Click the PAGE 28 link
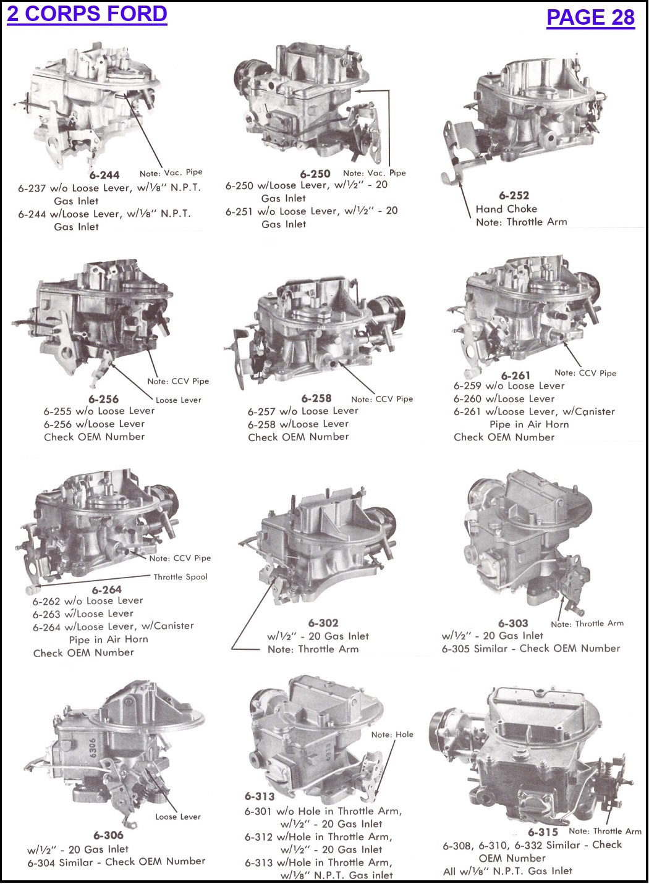coord(590,17)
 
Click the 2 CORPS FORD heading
coord(87,14)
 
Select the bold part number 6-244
coord(104,175)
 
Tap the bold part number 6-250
coord(315,174)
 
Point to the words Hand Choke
coord(506,209)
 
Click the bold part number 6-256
coord(103,399)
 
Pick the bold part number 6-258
coord(316,398)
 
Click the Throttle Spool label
coord(180,577)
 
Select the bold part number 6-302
coord(323,623)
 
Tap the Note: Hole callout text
coord(392,735)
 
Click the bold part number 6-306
coord(109,835)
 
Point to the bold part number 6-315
coord(543,831)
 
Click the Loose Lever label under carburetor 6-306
coord(178,817)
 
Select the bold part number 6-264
coord(107,589)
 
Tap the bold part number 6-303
coord(513,623)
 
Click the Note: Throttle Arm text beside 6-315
coord(605,831)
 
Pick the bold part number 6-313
coord(260,796)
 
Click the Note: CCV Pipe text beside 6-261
coord(585,373)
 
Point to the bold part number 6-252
coord(514,195)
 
